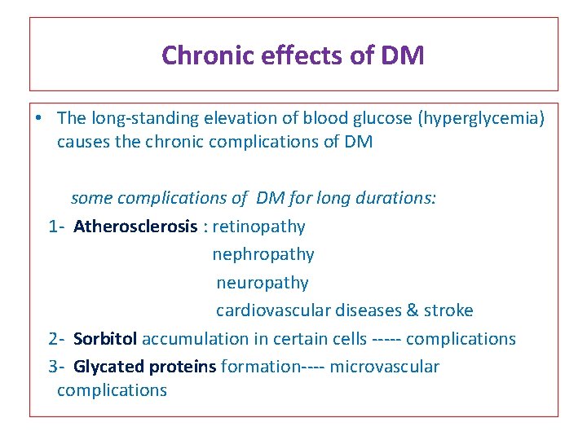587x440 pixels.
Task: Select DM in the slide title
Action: pyautogui.click(x=404, y=55)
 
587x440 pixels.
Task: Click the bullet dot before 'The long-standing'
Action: pyautogui.click(x=40, y=118)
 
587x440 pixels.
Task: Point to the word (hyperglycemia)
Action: pyautogui.click(x=480, y=118)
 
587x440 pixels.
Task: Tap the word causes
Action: pyautogui.click(x=81, y=143)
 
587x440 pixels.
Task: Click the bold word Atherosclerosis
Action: pyautogui.click(x=135, y=227)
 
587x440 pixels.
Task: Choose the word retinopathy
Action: pyautogui.click(x=258, y=227)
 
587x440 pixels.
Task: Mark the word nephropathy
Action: pyautogui.click(x=263, y=254)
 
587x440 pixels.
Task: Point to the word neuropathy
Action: pyautogui.click(x=263, y=283)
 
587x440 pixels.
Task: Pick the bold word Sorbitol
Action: pyautogui.click(x=106, y=338)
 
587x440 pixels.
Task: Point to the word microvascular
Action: pyautogui.click(x=384, y=367)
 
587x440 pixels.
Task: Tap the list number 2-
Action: pyautogui.click(x=56, y=338)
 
